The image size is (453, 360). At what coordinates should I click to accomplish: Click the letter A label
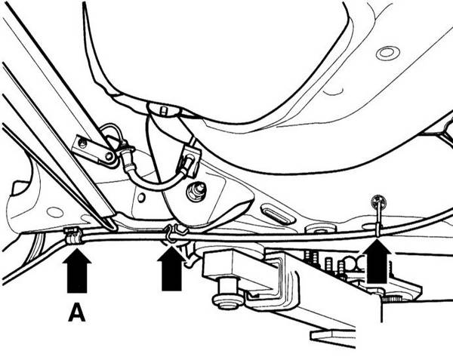coord(77,314)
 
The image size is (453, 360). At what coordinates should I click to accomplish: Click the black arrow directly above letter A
coord(77,271)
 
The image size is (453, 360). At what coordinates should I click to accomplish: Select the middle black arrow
coord(171,269)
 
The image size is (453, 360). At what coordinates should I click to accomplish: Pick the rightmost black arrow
coord(377,260)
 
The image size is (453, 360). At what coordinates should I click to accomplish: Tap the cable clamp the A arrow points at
coord(74,236)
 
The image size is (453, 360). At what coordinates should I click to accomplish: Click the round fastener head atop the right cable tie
coord(378,200)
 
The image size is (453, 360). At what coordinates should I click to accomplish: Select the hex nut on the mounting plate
coord(196,191)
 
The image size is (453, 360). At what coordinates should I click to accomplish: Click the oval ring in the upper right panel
coord(388,54)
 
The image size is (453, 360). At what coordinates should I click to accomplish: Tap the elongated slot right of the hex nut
coord(278,214)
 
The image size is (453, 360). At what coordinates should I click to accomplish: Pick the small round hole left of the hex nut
coord(141,198)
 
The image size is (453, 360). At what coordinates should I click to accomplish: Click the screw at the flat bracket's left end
coord(83,143)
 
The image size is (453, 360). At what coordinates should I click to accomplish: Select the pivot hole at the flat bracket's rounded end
coord(109,157)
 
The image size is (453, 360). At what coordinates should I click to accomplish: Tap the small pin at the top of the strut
coord(164,111)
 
